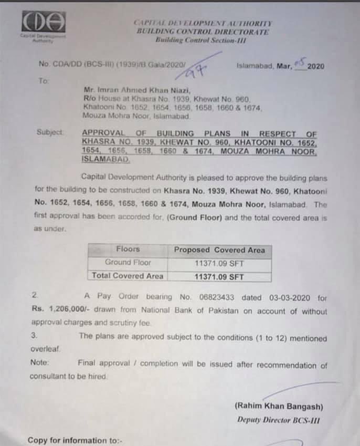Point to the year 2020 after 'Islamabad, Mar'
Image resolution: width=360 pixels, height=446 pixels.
coord(316,66)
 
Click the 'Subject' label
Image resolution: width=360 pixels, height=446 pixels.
coord(50,132)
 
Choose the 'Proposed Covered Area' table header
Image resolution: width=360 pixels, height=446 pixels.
coord(219,250)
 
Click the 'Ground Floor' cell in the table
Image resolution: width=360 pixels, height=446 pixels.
coord(128,262)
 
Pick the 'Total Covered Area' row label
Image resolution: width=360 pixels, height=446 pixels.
coord(128,275)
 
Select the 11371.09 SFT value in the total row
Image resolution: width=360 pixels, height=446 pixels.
coord(219,276)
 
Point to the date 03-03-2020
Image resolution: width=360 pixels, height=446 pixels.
coord(287,297)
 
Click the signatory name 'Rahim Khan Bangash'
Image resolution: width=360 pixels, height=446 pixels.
coord(279,407)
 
